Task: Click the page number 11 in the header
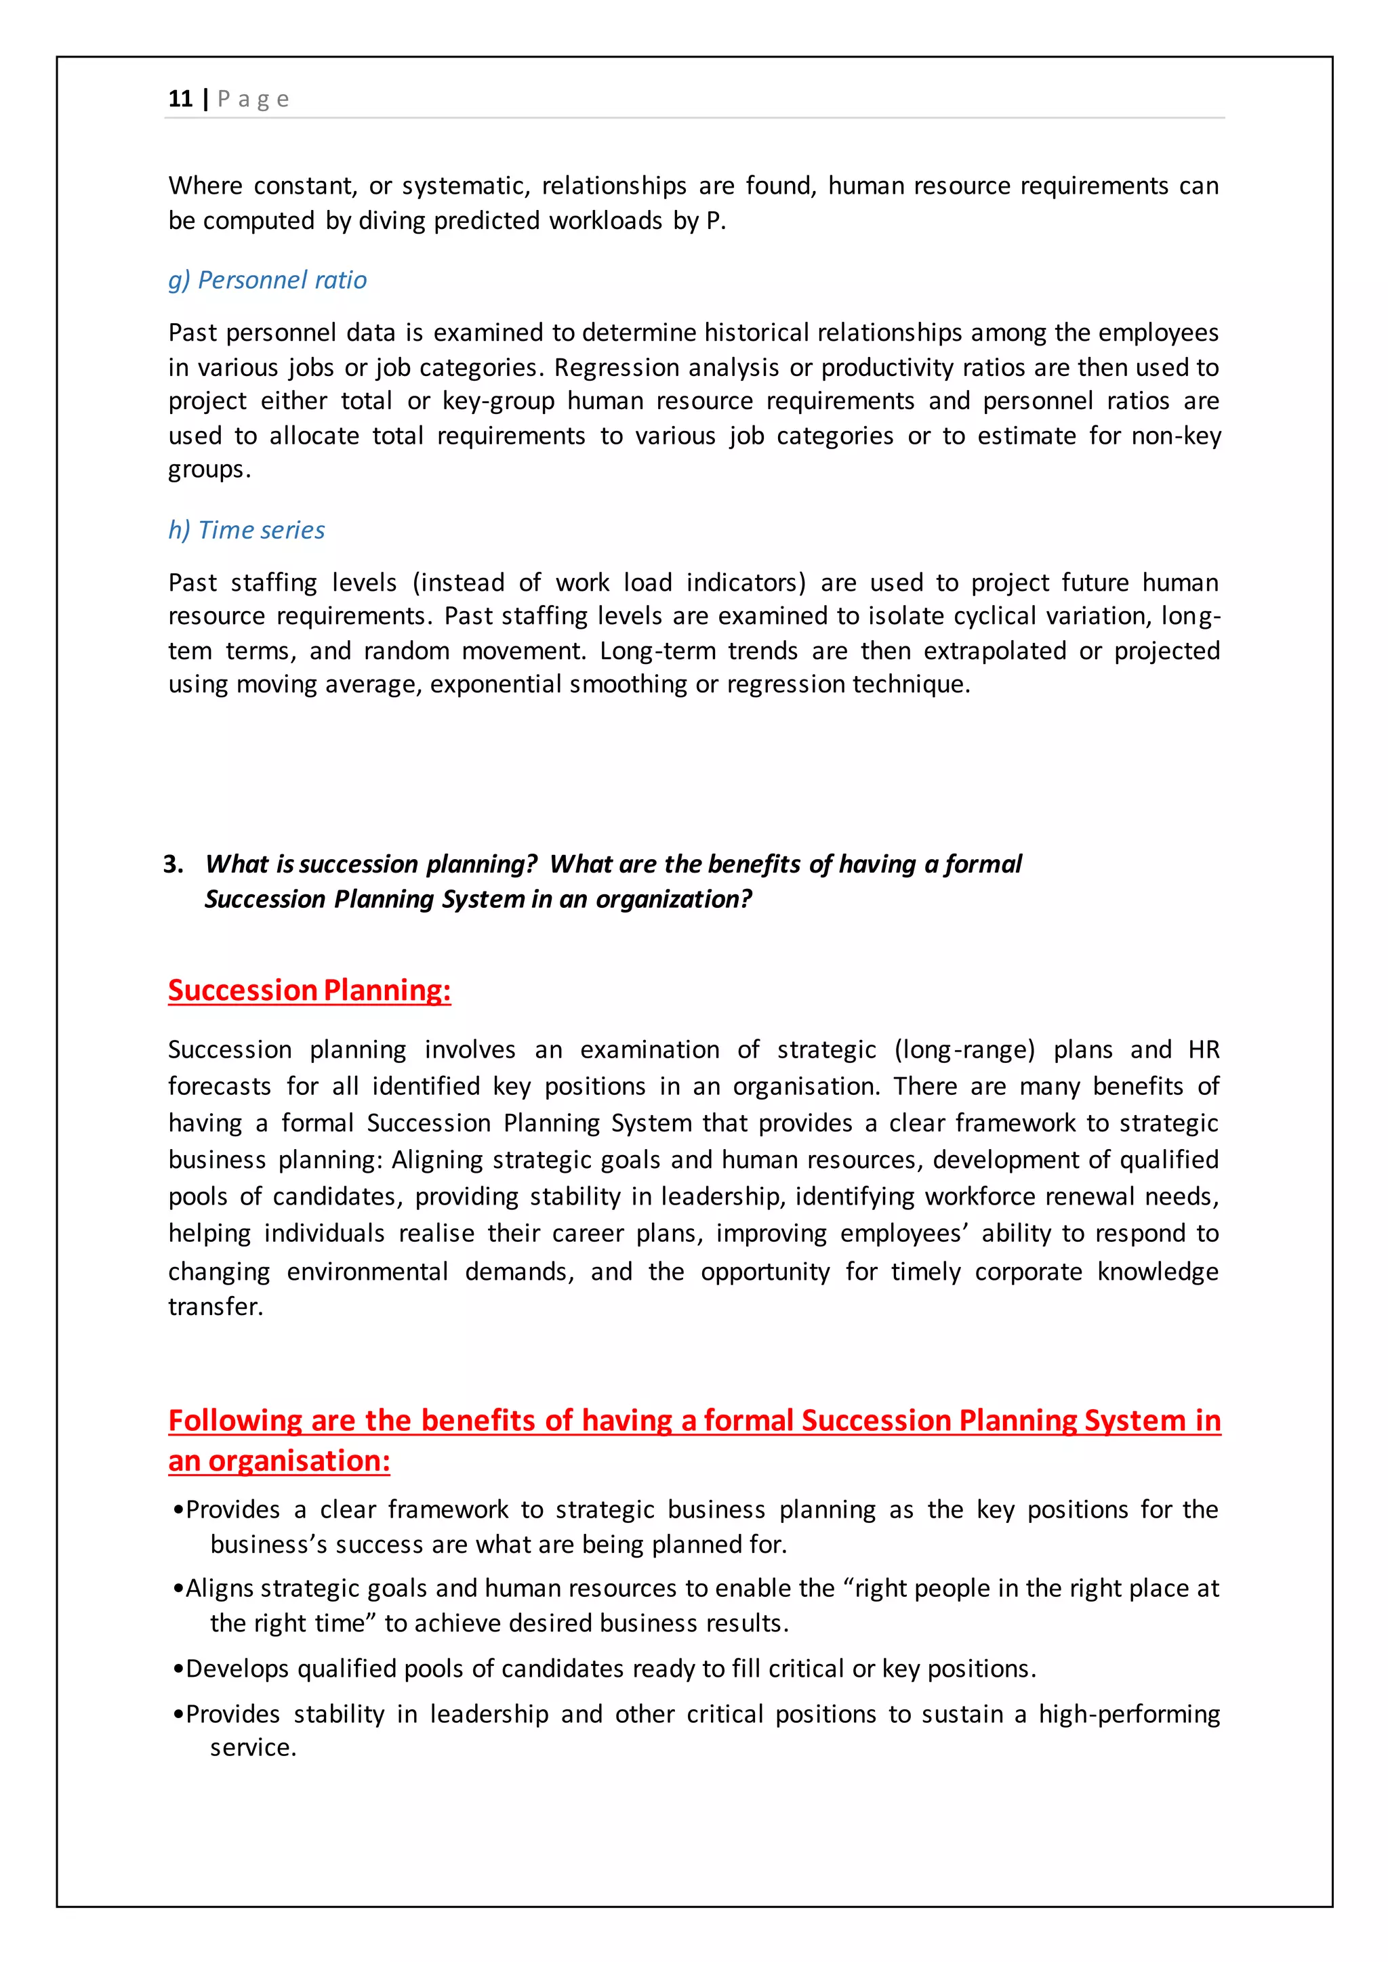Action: tap(180, 99)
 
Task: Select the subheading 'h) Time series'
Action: tap(246, 530)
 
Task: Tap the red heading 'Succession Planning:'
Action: tap(310, 990)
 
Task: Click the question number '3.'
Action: tap(173, 864)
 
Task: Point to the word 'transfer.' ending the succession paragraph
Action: tap(216, 1307)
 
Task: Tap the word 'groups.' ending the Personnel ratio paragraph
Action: tap(209, 470)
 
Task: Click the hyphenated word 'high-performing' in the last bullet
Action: tap(1129, 1714)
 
